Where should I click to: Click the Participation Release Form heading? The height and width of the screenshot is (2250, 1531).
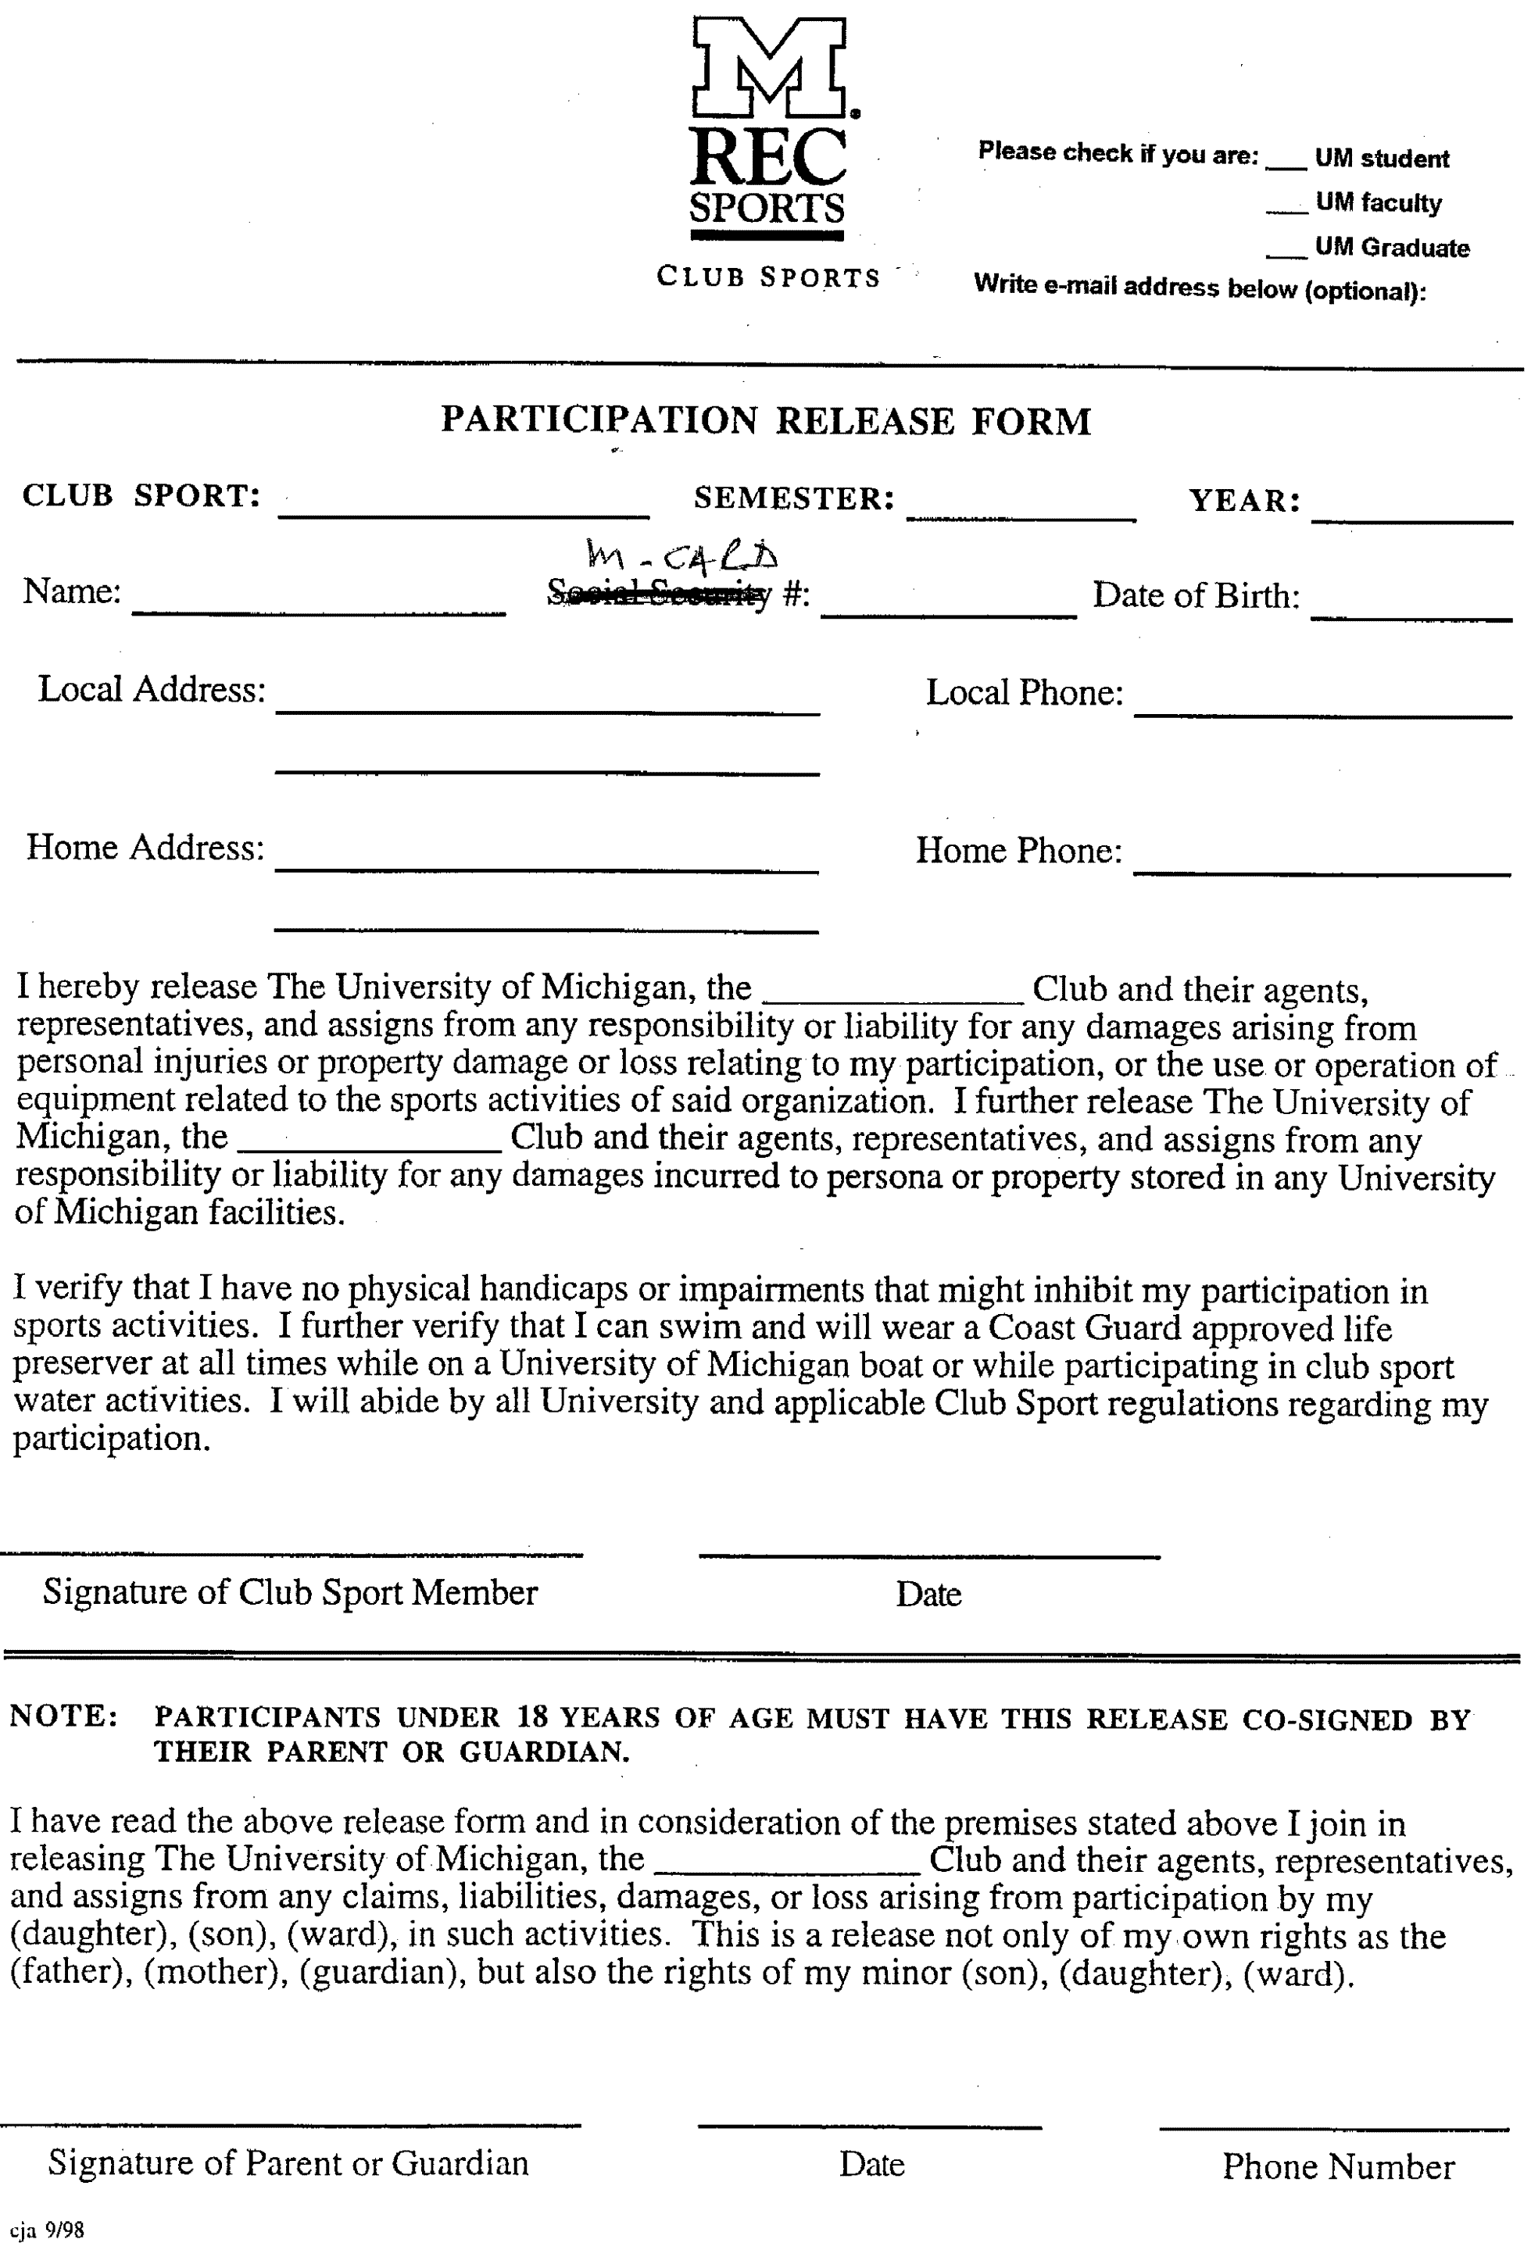[766, 421]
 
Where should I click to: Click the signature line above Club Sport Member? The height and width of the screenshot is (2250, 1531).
[291, 1554]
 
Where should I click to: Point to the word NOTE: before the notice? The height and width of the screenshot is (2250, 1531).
[64, 1716]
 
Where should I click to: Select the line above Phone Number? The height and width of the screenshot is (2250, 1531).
[1333, 2127]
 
